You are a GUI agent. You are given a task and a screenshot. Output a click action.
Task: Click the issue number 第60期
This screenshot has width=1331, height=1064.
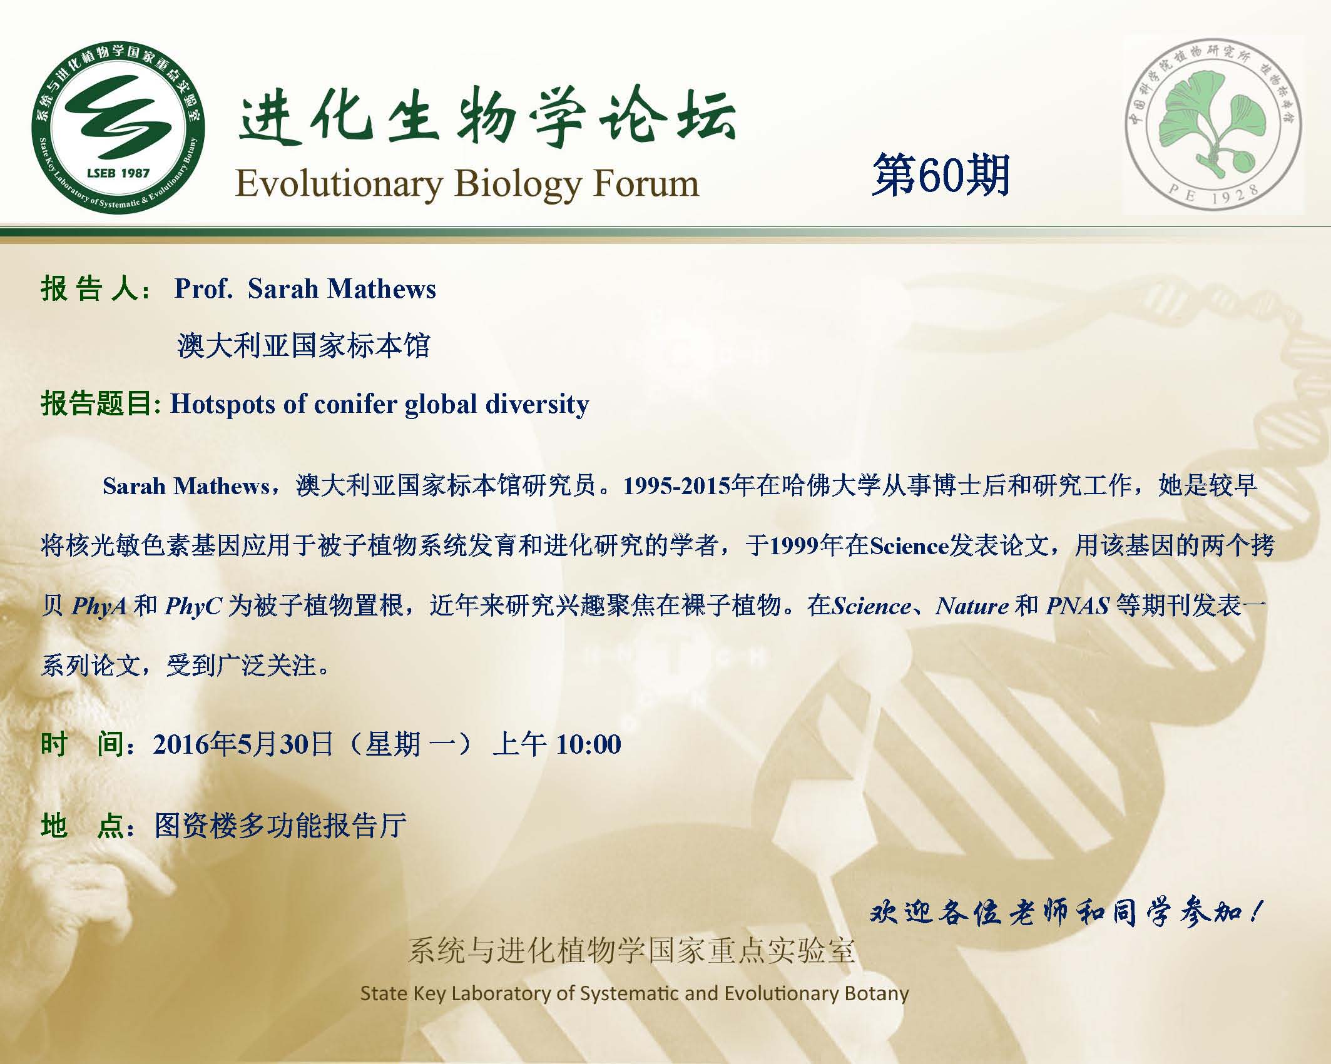(x=941, y=175)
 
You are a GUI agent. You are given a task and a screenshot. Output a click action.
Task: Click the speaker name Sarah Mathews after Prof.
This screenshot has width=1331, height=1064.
(x=342, y=289)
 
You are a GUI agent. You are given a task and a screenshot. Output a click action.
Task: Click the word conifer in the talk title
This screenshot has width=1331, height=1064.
(x=356, y=403)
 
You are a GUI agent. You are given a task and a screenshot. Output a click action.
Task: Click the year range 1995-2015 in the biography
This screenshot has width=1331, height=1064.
(x=678, y=485)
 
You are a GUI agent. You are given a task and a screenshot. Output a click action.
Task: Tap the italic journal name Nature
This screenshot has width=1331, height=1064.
(x=972, y=606)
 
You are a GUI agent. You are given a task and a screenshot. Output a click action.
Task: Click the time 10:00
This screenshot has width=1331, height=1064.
(x=588, y=744)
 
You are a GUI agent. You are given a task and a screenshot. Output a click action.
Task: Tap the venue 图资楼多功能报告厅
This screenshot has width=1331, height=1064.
(x=281, y=826)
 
